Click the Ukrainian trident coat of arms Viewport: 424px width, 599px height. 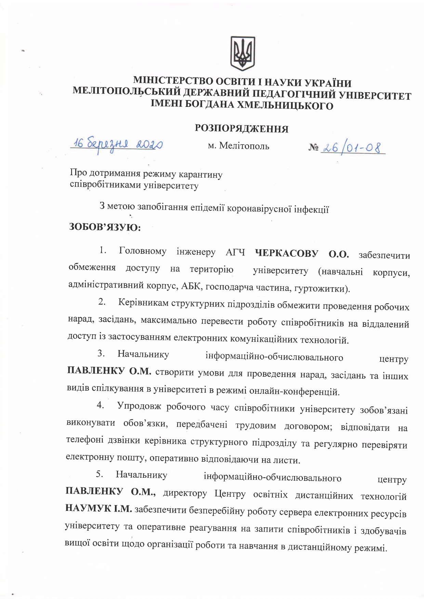tap(242, 53)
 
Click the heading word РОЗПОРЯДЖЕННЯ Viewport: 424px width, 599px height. tap(241, 129)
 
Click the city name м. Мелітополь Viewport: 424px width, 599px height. tap(239, 146)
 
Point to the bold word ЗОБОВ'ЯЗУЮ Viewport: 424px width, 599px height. tap(105, 227)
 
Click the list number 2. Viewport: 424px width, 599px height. tap(102, 302)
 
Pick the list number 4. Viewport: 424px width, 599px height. tap(100, 405)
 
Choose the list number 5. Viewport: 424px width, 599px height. tap(100, 474)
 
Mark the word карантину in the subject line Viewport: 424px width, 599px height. tap(204, 175)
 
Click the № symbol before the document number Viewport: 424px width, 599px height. tap(314, 148)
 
